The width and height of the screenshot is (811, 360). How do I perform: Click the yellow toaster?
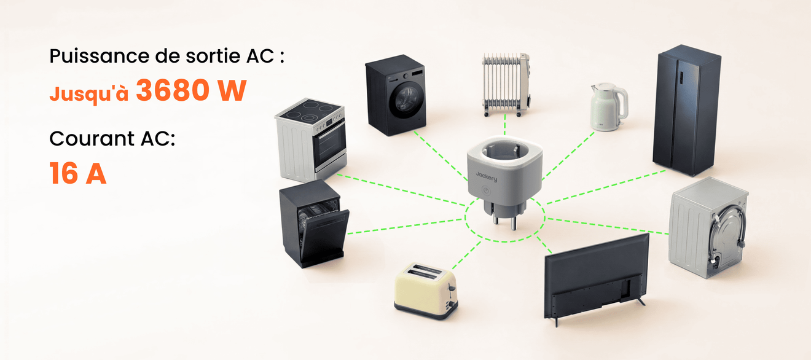coord(426,291)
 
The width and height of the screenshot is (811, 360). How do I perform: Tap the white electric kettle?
coord(609,106)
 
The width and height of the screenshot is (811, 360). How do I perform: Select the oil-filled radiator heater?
coord(506,85)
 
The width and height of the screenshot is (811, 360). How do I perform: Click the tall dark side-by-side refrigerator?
coord(686,110)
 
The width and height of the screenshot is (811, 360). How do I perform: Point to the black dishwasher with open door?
coord(314,224)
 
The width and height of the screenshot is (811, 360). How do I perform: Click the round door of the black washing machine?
coord(406,100)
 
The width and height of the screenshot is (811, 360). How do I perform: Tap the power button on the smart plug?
coord(485,190)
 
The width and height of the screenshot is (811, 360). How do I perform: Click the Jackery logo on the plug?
coord(486,176)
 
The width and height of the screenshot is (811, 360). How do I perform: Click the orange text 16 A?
coord(77,173)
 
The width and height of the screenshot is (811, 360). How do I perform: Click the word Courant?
coord(92,138)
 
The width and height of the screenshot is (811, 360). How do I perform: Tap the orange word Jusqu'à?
coord(89,93)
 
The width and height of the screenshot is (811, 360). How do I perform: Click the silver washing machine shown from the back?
coord(708,227)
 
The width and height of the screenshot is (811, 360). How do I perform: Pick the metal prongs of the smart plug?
coord(504,220)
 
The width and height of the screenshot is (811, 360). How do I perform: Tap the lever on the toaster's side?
coord(452,289)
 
